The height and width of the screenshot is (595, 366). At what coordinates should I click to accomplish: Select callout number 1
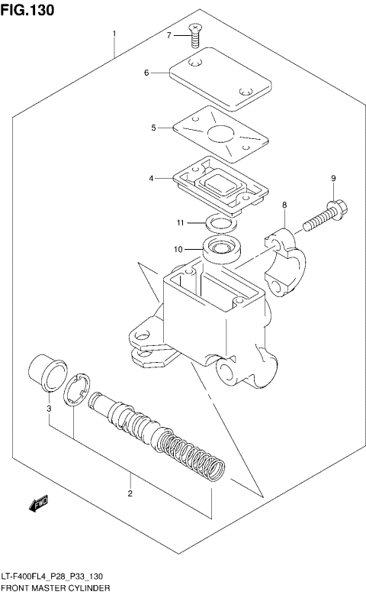click(x=114, y=34)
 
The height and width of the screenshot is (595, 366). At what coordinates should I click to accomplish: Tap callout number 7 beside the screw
click(x=169, y=35)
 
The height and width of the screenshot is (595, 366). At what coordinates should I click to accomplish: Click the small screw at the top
click(x=195, y=31)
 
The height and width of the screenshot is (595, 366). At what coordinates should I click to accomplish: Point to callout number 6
click(x=146, y=73)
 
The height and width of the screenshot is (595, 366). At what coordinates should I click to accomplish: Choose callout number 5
click(x=153, y=128)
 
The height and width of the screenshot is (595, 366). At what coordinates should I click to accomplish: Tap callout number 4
click(x=151, y=179)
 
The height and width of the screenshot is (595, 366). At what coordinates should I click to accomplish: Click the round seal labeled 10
click(x=220, y=249)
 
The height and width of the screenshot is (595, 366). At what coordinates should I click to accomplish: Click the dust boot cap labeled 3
click(x=47, y=373)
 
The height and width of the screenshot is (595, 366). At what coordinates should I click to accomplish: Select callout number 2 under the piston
click(x=130, y=493)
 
